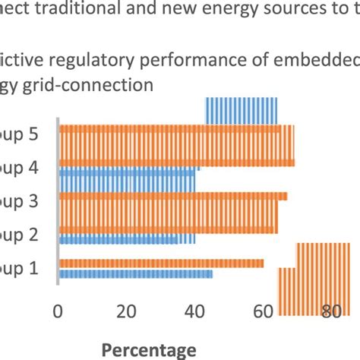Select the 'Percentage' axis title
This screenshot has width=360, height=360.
coord(149,349)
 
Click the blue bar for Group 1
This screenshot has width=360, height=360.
coord(135,273)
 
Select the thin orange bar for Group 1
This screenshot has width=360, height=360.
coord(161,263)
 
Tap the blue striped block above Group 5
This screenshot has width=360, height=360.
coord(242,110)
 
